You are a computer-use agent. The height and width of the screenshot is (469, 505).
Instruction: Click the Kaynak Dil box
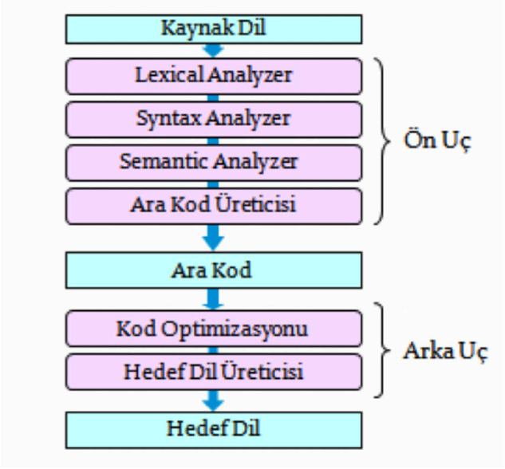(x=214, y=29)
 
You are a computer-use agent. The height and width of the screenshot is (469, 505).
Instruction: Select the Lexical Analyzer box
(x=214, y=76)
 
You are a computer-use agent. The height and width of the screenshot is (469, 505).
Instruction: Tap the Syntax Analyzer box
(x=214, y=119)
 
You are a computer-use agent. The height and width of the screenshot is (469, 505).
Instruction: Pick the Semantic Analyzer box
(x=214, y=161)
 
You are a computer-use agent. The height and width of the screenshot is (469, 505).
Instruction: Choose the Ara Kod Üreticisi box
(x=214, y=204)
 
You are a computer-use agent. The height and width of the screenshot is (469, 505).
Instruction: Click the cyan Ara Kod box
(x=214, y=270)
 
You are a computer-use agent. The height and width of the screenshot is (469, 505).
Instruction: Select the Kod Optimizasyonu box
(x=214, y=328)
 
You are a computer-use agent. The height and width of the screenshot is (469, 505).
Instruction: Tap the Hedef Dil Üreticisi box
(x=214, y=371)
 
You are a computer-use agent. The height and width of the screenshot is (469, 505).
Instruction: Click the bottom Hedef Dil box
(x=214, y=428)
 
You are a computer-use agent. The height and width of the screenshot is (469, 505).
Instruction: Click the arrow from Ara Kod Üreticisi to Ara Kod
(x=213, y=237)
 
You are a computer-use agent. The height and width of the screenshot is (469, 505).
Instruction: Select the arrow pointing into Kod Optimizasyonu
(x=213, y=300)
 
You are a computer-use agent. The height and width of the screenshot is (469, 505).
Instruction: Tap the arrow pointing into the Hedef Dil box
(x=213, y=400)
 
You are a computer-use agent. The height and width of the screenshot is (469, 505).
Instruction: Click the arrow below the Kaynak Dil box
(x=213, y=50)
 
